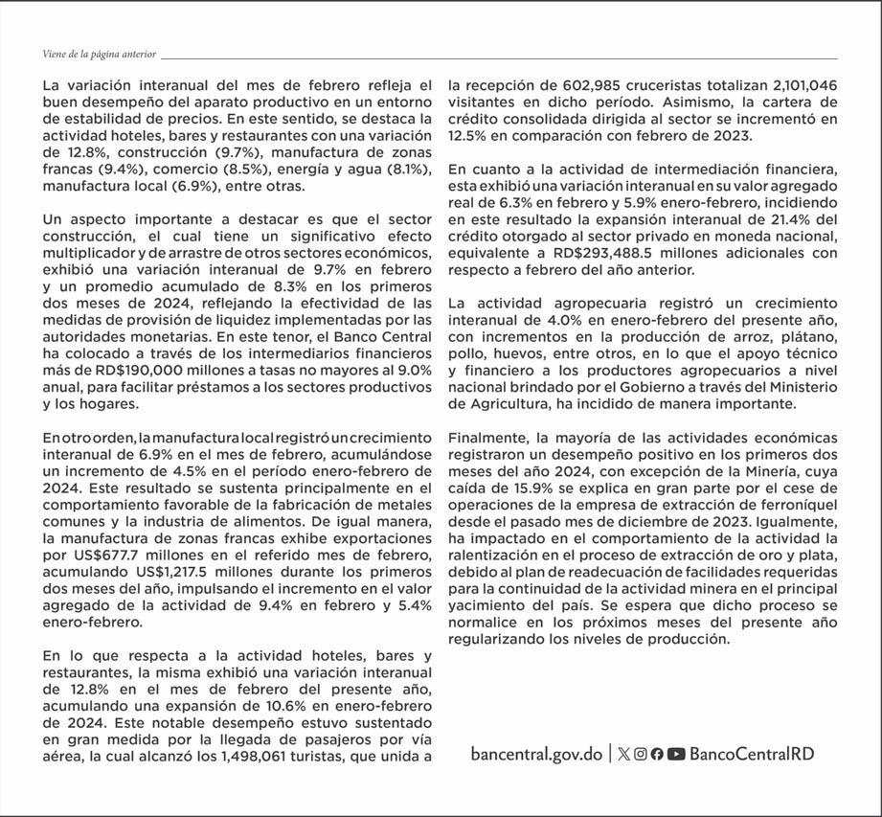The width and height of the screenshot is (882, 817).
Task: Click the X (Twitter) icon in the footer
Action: (x=624, y=754)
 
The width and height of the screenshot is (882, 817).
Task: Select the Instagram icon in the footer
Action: (x=641, y=754)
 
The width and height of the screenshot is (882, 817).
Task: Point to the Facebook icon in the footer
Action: (x=657, y=754)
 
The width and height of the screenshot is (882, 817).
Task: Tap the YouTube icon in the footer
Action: (x=676, y=754)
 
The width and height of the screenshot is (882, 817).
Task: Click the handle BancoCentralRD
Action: (x=752, y=754)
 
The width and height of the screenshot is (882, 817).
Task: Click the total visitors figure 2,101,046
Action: (x=790, y=84)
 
